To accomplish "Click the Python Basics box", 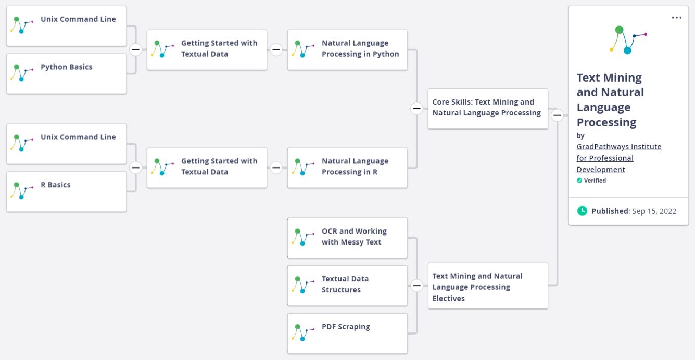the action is (67, 74).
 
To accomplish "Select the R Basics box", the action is (67, 191).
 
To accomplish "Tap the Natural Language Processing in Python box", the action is (347, 49).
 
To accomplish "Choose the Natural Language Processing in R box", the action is (347, 168).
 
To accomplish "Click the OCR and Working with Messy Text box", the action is (347, 238).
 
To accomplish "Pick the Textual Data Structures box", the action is (347, 286).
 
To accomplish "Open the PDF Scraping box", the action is (347, 333).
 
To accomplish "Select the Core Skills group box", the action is (488, 109).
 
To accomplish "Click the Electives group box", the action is (488, 286).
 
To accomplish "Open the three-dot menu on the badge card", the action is (676, 18).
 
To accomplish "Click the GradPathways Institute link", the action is (618, 158).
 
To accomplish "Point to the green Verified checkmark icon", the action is (579, 181).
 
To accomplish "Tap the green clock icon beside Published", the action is (582, 211).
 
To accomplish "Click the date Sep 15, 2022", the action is (654, 211).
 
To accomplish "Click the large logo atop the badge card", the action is (628, 40).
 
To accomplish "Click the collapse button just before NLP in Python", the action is (276, 49).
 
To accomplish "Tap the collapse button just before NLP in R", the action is (276, 168).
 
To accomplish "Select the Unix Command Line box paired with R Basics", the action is (67, 144).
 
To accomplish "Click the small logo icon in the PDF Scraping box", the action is (303, 332).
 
